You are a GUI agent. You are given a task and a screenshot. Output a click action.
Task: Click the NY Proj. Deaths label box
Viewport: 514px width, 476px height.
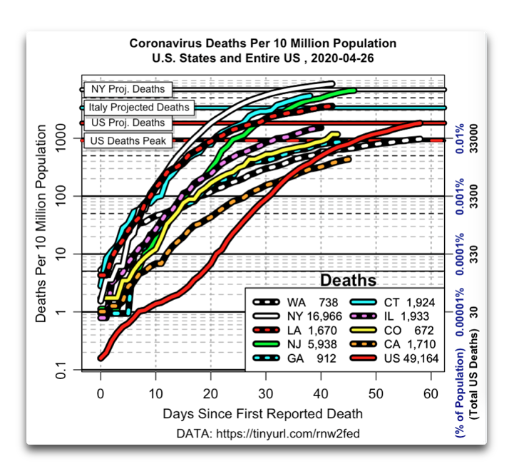(x=128, y=90)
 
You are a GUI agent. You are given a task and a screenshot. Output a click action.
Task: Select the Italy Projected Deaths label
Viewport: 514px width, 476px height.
(x=139, y=108)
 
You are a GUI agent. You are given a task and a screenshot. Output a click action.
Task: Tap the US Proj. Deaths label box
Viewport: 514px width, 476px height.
(x=128, y=123)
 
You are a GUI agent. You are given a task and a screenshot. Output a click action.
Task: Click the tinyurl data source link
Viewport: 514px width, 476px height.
(x=269, y=434)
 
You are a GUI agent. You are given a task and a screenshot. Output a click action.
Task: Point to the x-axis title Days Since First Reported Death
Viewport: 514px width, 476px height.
(x=262, y=413)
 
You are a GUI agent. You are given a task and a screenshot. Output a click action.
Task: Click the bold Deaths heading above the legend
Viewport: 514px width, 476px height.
(x=348, y=279)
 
